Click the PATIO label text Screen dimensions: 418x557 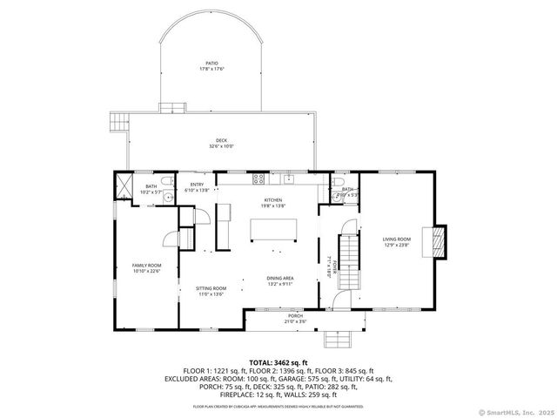pos(211,63)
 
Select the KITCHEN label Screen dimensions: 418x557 pos(273,201)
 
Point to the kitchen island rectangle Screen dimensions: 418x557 pos(272,229)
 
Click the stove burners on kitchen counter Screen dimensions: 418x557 pos(258,179)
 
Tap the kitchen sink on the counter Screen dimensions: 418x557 pos(290,179)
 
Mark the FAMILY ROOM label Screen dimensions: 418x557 pos(146,266)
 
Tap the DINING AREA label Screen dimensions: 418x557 pos(280,280)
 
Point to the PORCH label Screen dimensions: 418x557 pos(294,319)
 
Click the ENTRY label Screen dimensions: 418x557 pos(197,185)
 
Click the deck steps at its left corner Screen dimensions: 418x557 pos(118,121)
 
